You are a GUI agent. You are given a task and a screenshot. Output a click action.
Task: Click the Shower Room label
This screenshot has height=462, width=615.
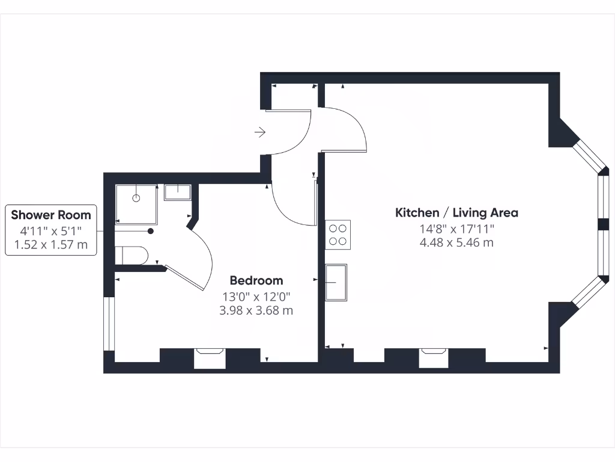[51, 215]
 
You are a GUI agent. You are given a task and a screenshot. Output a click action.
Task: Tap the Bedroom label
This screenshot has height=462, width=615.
[256, 280]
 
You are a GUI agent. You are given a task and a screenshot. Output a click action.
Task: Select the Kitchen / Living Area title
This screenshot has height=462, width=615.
[456, 212]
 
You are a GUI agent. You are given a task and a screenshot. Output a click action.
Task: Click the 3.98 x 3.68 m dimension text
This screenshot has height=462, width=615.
[256, 310]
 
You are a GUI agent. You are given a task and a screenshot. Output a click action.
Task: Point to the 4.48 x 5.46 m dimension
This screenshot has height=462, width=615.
[456, 242]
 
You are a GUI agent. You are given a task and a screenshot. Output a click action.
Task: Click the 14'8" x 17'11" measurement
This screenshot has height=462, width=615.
[456, 229]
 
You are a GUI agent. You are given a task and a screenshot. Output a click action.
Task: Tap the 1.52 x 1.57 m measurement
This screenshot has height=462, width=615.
[51, 244]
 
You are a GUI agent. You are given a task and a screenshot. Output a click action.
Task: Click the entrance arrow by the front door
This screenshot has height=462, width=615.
[260, 132]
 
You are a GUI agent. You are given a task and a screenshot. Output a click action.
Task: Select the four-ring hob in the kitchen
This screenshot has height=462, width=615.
[338, 235]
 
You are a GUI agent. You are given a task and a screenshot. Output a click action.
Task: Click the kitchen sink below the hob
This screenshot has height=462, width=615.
[337, 282]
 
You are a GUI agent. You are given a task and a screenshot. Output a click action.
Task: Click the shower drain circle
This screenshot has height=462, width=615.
[136, 197]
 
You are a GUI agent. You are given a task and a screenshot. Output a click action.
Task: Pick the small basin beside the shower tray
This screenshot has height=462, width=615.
[178, 192]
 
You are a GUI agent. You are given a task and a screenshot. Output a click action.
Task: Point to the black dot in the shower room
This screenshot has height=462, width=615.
[151, 231]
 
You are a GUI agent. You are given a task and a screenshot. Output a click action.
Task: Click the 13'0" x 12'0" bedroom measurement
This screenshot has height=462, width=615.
[256, 296]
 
